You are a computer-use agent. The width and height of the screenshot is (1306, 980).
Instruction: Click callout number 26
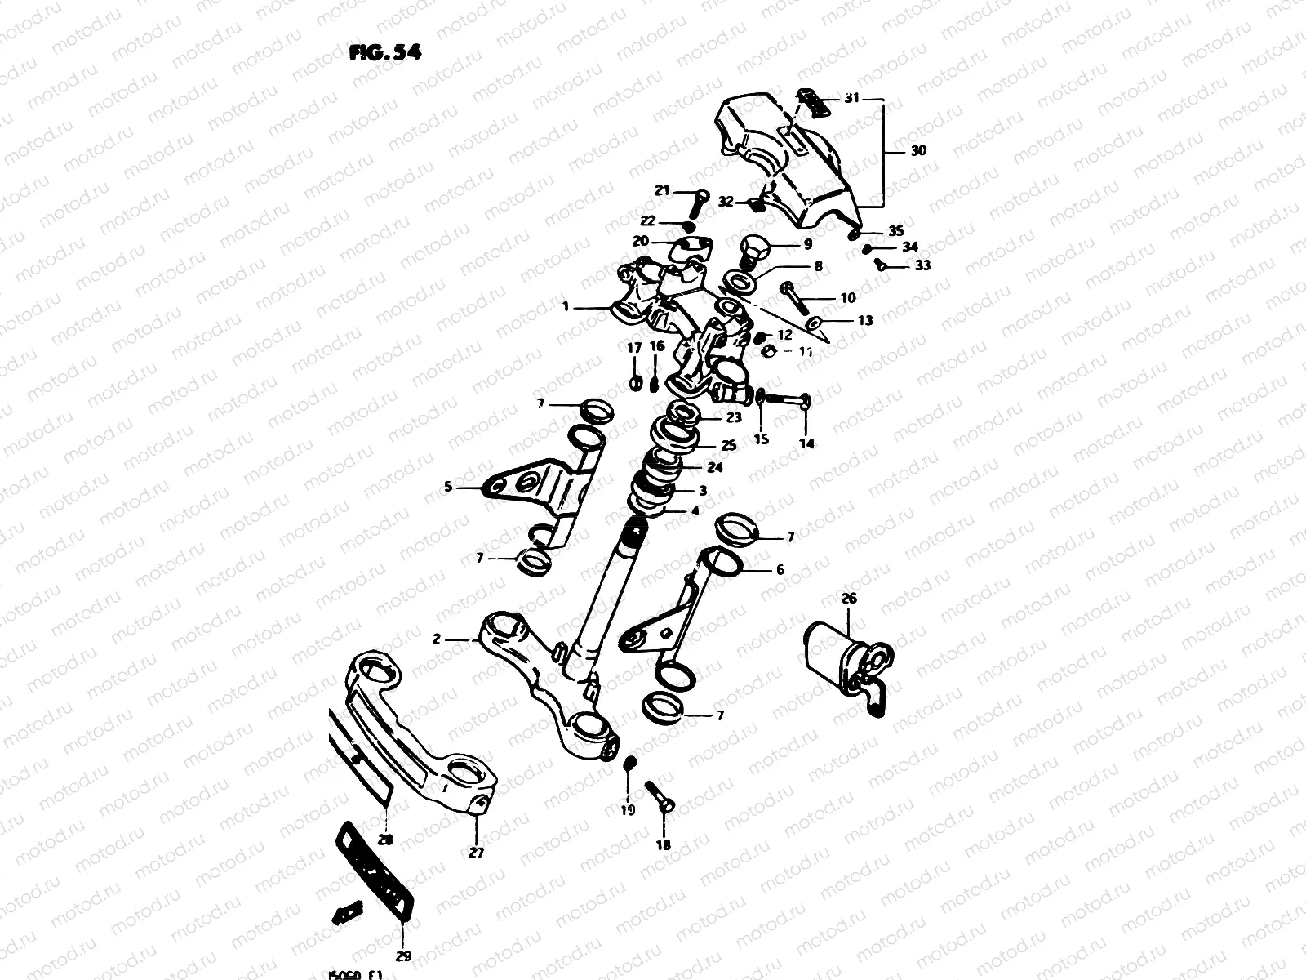[849, 599]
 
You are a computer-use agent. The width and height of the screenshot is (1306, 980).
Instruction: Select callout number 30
[918, 151]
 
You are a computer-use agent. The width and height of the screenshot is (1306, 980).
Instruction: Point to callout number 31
[851, 98]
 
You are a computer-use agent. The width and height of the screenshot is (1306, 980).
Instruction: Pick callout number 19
[627, 812]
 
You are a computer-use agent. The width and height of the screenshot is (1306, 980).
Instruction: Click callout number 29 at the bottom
[403, 956]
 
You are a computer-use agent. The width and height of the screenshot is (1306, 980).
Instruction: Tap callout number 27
[476, 853]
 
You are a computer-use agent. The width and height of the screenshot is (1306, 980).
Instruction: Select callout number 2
[437, 639]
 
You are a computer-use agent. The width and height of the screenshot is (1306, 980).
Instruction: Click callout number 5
[447, 488]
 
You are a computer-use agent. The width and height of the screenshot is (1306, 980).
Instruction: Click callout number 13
[864, 320]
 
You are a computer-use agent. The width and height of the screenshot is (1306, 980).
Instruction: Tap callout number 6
[780, 570]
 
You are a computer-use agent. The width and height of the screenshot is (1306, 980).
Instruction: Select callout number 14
[806, 443]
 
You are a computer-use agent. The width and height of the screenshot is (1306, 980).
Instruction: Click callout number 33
[922, 265]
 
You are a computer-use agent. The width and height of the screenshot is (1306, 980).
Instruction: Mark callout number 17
[633, 348]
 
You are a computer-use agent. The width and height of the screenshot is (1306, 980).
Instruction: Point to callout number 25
[728, 446]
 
